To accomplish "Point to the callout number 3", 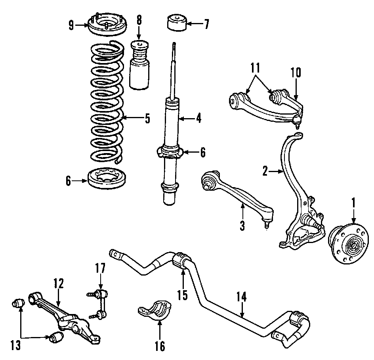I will (x=242, y=226).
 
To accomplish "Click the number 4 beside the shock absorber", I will (x=198, y=118).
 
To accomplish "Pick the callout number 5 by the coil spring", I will (x=147, y=118).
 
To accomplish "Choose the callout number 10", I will (x=296, y=73).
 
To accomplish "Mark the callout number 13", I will (x=16, y=345).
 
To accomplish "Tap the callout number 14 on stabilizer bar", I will (x=242, y=297).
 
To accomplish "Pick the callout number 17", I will (x=100, y=268).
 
